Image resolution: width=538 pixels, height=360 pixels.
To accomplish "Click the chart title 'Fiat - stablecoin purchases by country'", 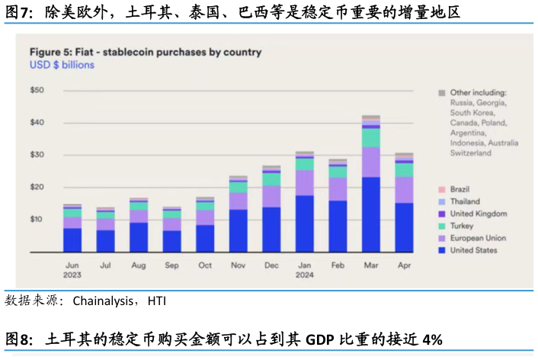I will (145, 52).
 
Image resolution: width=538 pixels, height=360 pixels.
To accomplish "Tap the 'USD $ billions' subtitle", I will (62, 65).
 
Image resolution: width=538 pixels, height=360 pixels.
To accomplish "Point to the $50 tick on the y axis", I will (37, 90).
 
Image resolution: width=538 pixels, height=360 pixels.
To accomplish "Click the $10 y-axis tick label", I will (37, 220).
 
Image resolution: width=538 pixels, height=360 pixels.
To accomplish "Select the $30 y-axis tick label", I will (37, 155).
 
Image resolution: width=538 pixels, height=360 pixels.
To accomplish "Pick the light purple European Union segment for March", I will (371, 162).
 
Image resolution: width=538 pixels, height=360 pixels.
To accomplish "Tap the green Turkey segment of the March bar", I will (371, 137).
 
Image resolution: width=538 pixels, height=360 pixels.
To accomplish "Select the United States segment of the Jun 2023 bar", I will (72, 239).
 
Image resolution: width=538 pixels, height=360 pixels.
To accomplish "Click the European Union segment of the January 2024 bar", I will (305, 182).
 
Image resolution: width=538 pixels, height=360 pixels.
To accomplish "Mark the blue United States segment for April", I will (404, 227).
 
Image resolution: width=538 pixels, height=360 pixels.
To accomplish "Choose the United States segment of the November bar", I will (239, 230).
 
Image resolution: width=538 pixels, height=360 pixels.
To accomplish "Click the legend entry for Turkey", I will (460, 227).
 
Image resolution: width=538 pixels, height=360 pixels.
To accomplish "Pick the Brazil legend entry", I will (460, 190).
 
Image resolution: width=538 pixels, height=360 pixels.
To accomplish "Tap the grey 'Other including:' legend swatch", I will (441, 92).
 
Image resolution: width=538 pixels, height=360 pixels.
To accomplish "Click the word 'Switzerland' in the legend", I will (470, 153).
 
